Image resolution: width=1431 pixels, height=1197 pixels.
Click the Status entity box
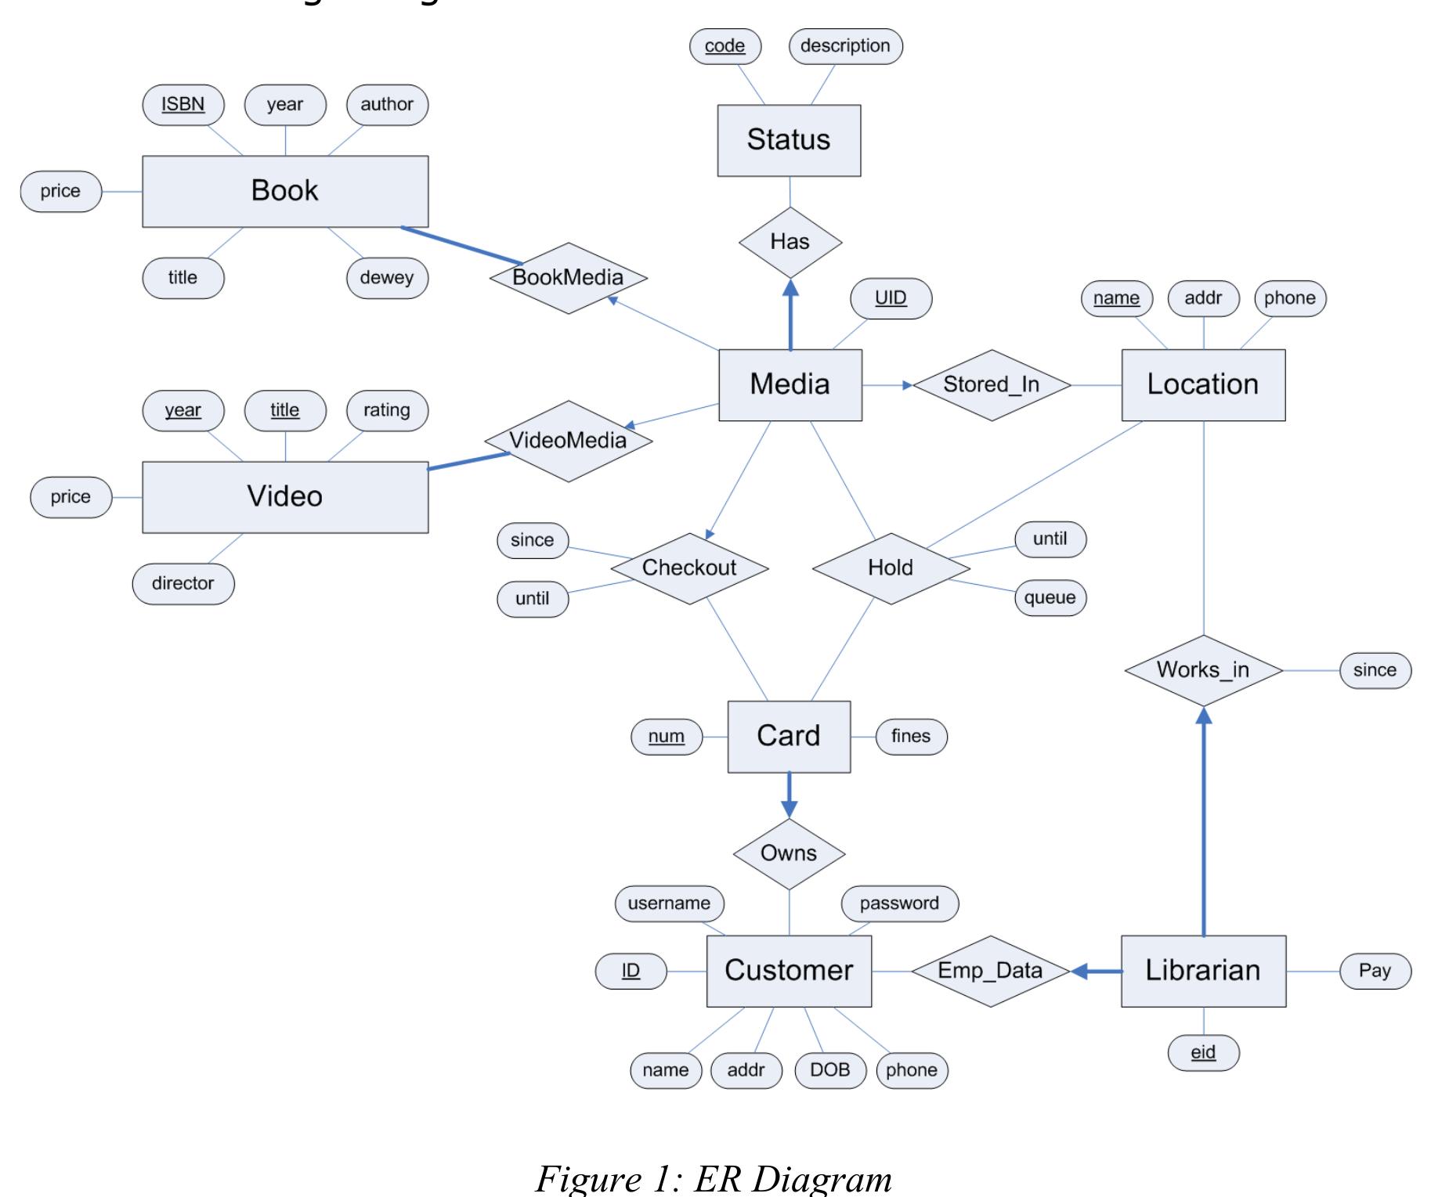pyautogui.click(x=789, y=140)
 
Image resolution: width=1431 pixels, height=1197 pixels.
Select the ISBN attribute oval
pyautogui.click(x=183, y=105)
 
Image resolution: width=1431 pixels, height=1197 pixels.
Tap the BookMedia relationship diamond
pyautogui.click(x=568, y=278)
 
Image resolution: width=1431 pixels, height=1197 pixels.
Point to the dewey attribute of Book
pyautogui.click(x=387, y=278)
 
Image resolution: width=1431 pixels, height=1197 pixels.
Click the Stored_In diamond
pyautogui.click(x=992, y=385)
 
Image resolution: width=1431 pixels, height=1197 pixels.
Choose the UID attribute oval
pyautogui.click(x=891, y=298)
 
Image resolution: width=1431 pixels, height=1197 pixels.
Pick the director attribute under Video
pyautogui.click(x=182, y=584)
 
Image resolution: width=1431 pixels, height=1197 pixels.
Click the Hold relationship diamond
pyautogui.click(x=891, y=568)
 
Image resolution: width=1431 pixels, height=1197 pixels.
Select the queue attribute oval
pyautogui.click(x=1050, y=598)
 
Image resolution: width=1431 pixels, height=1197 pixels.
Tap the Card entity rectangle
pyautogui.click(x=789, y=737)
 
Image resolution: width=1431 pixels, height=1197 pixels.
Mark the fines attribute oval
pyautogui.click(x=911, y=737)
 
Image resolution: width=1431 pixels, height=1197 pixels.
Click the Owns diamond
pyautogui.click(x=789, y=854)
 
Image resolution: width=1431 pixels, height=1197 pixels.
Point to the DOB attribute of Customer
pyautogui.click(x=829, y=1070)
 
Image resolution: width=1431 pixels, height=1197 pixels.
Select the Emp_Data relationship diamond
pyautogui.click(x=990, y=972)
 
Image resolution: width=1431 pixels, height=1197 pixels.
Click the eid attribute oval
pyautogui.click(x=1203, y=1053)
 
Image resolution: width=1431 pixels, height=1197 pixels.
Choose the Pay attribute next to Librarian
pyautogui.click(x=1375, y=972)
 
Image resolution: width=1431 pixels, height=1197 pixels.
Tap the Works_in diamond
pyautogui.click(x=1203, y=671)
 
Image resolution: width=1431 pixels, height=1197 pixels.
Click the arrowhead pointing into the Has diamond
pyautogui.click(x=790, y=288)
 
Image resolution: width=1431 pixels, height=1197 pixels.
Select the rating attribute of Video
pyautogui.click(x=387, y=411)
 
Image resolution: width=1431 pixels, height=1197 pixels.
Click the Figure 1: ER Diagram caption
pyautogui.click(x=714, y=1178)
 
